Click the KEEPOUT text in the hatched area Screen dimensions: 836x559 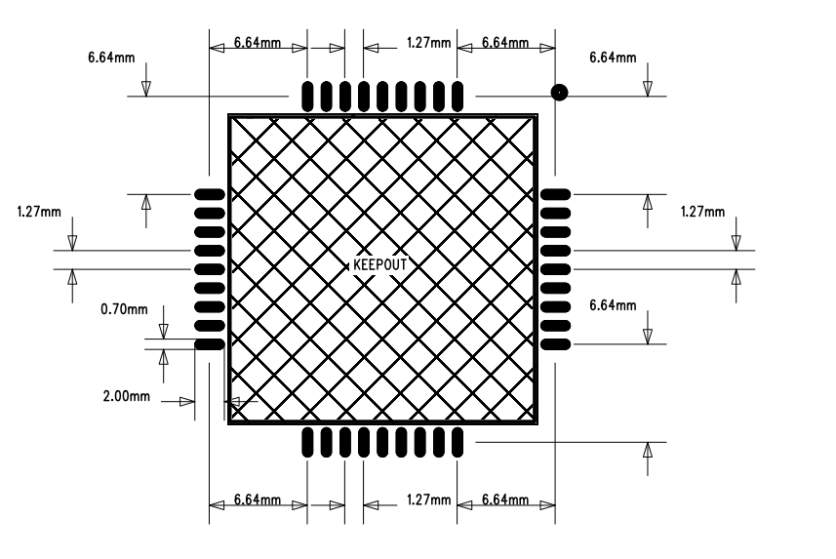click(x=380, y=265)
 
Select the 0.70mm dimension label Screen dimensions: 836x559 click(x=124, y=309)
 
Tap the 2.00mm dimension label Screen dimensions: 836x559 click(x=127, y=396)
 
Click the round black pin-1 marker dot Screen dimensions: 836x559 click(x=559, y=93)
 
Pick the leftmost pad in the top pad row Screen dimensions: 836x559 click(x=307, y=97)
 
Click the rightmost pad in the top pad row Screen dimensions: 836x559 click(x=458, y=97)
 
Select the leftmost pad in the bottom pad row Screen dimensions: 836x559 click(x=307, y=442)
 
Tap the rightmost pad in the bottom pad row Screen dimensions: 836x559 click(x=458, y=442)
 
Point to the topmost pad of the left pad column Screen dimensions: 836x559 click(x=210, y=195)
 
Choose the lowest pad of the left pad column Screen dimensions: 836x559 click(x=210, y=344)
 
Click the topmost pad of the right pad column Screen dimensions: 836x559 click(x=556, y=195)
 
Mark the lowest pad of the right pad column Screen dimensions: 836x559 click(x=556, y=344)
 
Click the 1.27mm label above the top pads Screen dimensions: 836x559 click(x=428, y=43)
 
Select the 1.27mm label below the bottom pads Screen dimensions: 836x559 click(x=428, y=499)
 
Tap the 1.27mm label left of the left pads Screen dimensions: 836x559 click(x=39, y=212)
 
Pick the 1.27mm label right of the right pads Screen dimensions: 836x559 click(x=702, y=212)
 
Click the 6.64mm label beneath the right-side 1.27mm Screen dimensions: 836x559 click(x=613, y=305)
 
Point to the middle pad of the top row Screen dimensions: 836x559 click(x=382, y=97)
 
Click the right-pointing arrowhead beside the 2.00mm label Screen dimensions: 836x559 click(x=187, y=402)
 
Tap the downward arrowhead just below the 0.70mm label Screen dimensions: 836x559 click(x=164, y=332)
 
